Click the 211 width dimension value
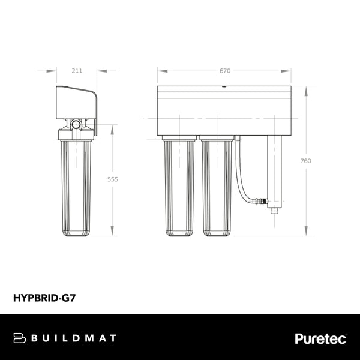(77, 71)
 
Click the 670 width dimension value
(225, 71)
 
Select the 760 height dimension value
(307, 160)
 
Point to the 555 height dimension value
(113, 179)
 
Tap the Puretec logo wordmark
(320, 338)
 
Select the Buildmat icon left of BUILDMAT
(19, 338)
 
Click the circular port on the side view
(76, 124)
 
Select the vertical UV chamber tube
(275, 171)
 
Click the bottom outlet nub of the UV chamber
(275, 211)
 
